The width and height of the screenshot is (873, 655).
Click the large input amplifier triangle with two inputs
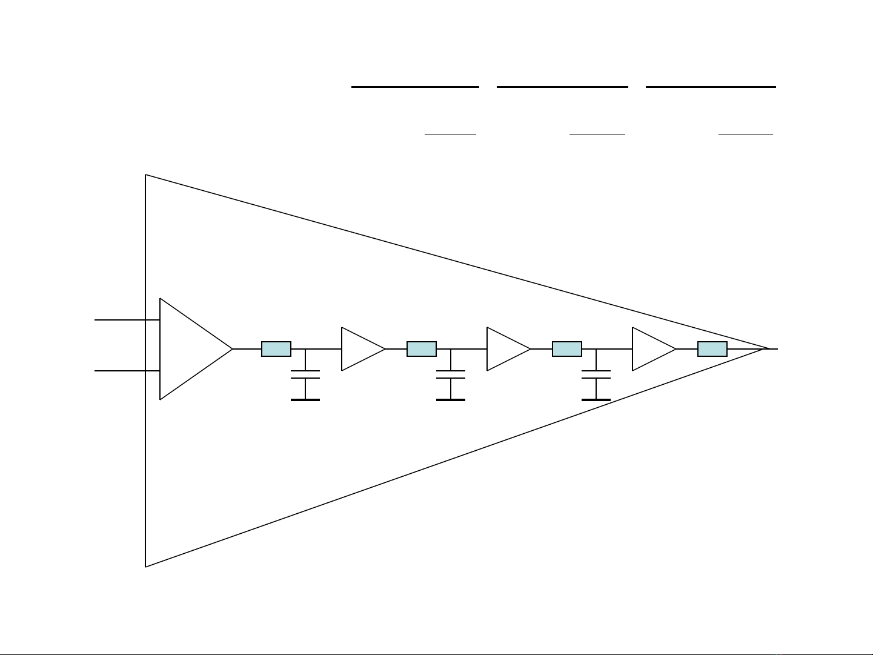(x=188, y=349)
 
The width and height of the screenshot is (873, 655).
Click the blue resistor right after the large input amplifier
(x=276, y=349)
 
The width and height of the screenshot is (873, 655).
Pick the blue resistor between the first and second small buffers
(x=422, y=349)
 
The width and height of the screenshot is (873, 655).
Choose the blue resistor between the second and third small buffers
(x=567, y=349)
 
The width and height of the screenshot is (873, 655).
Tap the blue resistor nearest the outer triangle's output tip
(x=712, y=349)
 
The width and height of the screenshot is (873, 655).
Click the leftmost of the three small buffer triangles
(x=360, y=349)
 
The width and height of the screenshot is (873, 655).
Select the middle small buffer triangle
(x=505, y=349)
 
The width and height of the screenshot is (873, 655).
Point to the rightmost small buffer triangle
(x=651, y=349)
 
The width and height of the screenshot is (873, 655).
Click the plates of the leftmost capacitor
(x=305, y=374)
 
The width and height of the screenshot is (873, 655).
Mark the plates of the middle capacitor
(x=451, y=374)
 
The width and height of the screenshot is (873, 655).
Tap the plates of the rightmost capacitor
(x=596, y=374)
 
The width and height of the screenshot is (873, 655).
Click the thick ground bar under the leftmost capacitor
(x=305, y=400)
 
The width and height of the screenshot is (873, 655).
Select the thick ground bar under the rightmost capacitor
(x=596, y=400)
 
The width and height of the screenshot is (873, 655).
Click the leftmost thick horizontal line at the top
(x=415, y=87)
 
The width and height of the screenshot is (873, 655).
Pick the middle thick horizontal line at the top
(x=562, y=87)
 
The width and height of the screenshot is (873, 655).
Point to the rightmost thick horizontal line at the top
(x=711, y=87)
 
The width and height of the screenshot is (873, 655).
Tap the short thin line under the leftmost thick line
(x=450, y=133)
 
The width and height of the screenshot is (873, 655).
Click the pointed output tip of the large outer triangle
(x=767, y=349)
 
